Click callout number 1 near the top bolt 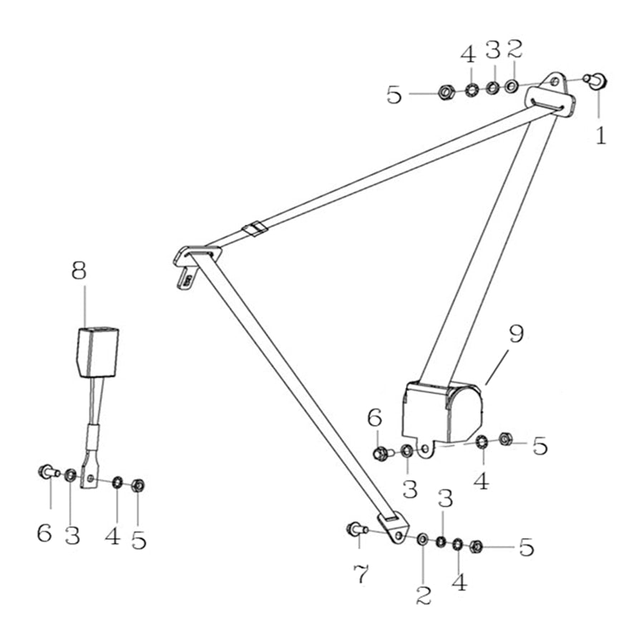(x=601, y=135)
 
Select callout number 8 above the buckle (x=79, y=270)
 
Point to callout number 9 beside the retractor (x=517, y=334)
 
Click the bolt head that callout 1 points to (x=598, y=81)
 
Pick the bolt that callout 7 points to (x=356, y=529)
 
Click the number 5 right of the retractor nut (x=540, y=445)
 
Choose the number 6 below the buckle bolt (x=44, y=533)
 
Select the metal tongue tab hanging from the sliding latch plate (x=186, y=278)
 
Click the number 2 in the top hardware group (x=514, y=49)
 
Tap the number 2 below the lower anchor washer (x=424, y=594)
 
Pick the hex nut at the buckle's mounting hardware (x=139, y=485)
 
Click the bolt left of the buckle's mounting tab (x=49, y=472)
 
